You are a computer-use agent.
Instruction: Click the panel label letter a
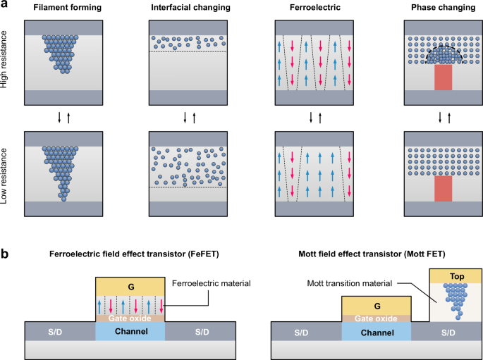click(x=5, y=5)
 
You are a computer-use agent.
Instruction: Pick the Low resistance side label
click(x=8, y=176)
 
